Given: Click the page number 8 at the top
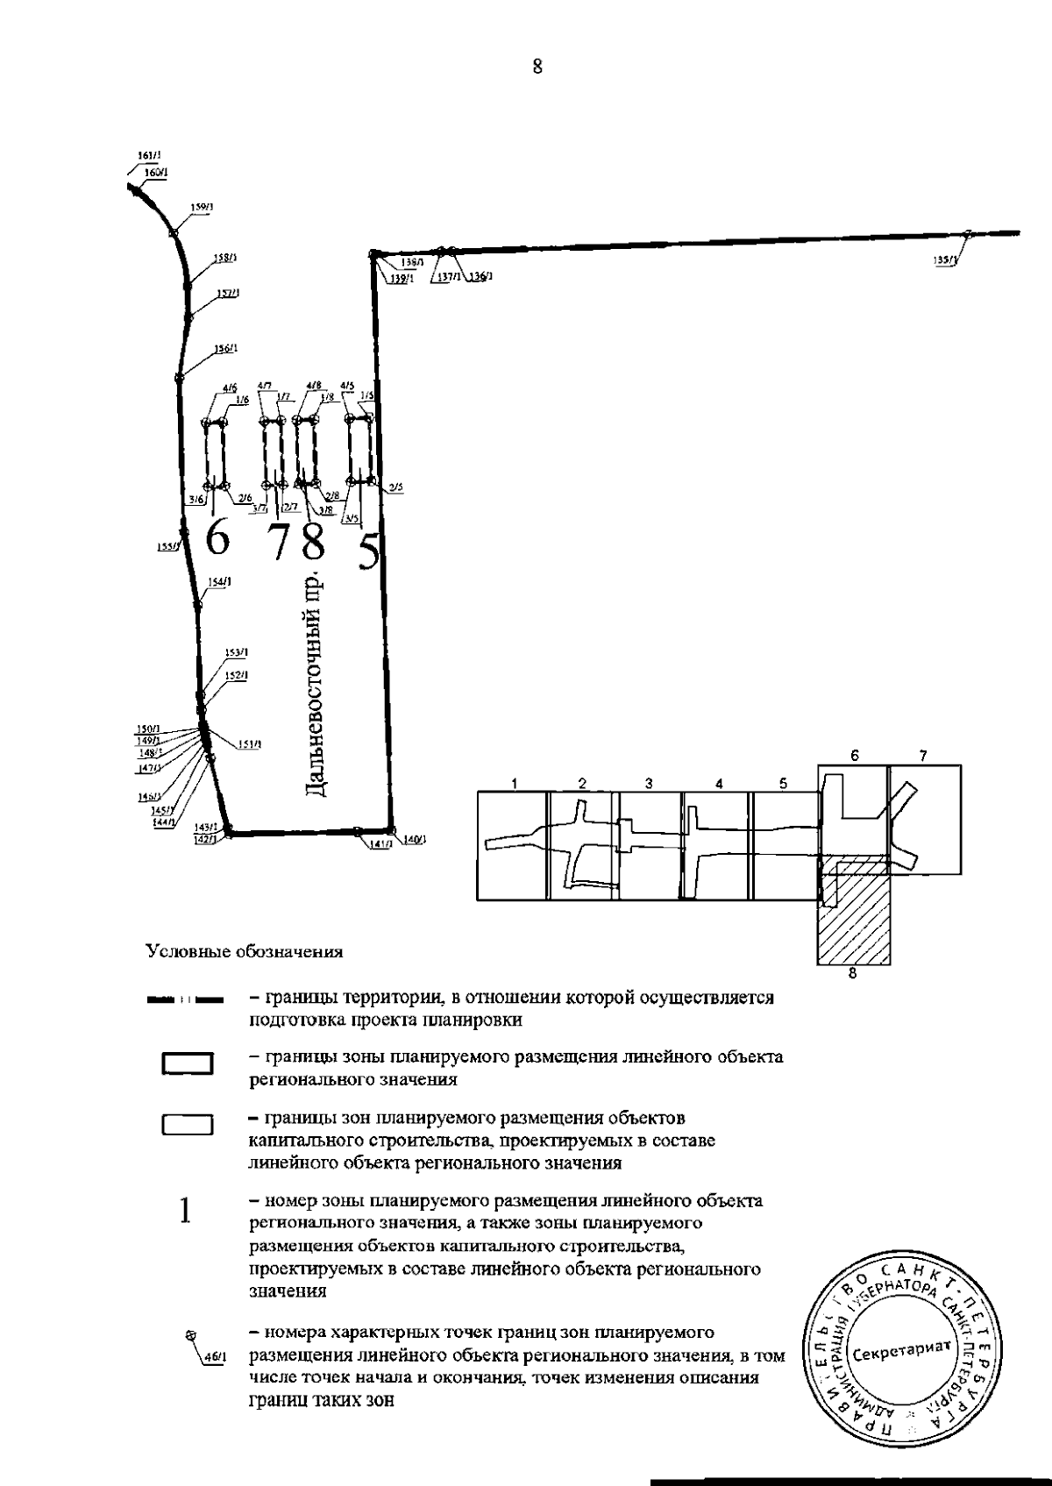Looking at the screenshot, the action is pyautogui.click(x=537, y=67).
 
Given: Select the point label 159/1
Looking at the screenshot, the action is pyautogui.click(x=203, y=207).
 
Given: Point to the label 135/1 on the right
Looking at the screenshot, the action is pyautogui.click(x=946, y=260).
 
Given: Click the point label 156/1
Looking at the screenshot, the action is pyautogui.click(x=224, y=348).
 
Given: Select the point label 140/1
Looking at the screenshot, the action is pyautogui.click(x=414, y=839).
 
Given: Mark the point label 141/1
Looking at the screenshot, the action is pyautogui.click(x=379, y=844).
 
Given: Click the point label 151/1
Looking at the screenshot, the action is pyautogui.click(x=250, y=744).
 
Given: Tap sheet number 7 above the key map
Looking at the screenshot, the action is pyautogui.click(x=922, y=755).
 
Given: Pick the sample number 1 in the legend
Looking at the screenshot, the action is pyautogui.click(x=185, y=1211).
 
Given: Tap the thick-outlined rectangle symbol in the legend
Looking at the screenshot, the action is pyautogui.click(x=188, y=1063).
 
